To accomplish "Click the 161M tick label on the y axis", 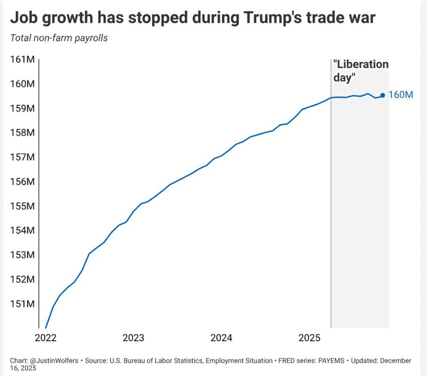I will (22, 60).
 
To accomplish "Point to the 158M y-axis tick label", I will (22, 133).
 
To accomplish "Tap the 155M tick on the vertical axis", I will (22, 206).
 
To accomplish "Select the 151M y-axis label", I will (22, 304).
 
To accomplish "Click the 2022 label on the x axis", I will (45, 338).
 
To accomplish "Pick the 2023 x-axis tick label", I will (134, 338).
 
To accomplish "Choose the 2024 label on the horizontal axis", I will (222, 338).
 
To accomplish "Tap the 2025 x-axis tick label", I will (310, 338).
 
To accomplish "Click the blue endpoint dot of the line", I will (382, 95).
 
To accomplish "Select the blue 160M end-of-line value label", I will (401, 95).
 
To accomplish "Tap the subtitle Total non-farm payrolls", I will (59, 38).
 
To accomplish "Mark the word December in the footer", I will (395, 360).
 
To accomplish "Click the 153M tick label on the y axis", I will (22, 255).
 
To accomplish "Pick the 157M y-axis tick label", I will (22, 157).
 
